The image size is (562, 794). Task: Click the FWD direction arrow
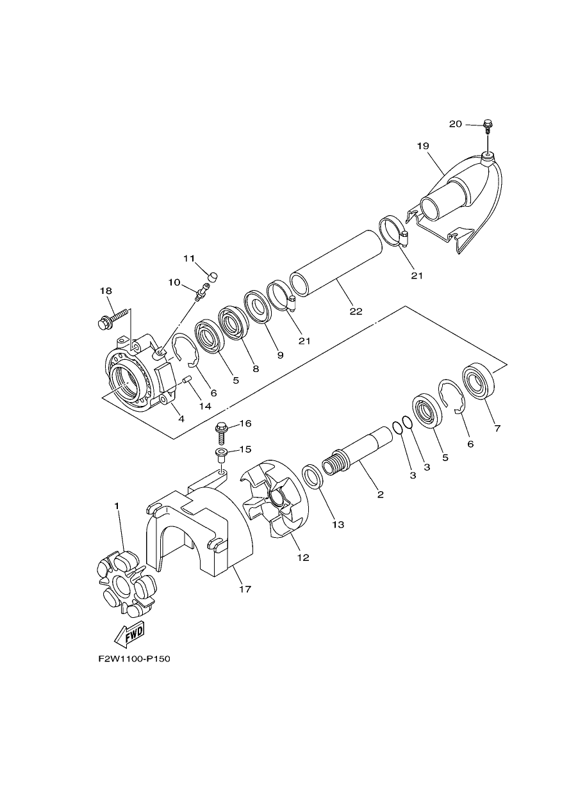click(129, 635)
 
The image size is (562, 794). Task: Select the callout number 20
click(456, 124)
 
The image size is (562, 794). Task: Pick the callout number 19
click(424, 146)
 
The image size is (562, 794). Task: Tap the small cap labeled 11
click(212, 277)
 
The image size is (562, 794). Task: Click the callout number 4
click(181, 419)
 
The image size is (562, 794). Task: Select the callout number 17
click(245, 589)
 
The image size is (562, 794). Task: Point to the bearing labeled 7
click(478, 382)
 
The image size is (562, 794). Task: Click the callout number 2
click(381, 494)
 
